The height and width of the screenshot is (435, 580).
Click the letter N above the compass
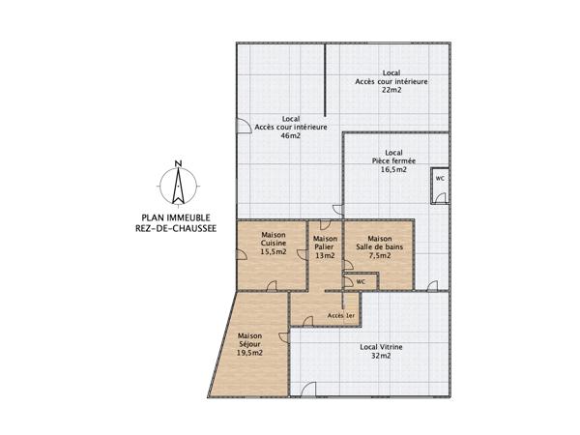(x=177, y=162)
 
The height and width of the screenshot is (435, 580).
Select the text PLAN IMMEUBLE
(x=177, y=217)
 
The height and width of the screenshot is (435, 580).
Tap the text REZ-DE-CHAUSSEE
(x=177, y=229)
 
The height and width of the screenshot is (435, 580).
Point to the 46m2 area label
(x=291, y=136)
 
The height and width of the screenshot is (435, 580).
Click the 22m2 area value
(x=391, y=91)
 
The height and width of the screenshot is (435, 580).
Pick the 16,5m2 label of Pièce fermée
(x=393, y=169)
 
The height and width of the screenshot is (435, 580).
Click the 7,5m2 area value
(x=380, y=256)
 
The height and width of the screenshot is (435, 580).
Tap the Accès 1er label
(x=341, y=316)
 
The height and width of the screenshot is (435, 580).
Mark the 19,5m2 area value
(x=250, y=353)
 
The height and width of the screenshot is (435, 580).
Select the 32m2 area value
(x=382, y=357)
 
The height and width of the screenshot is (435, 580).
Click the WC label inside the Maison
(x=361, y=281)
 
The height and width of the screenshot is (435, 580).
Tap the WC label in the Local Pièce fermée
(x=440, y=179)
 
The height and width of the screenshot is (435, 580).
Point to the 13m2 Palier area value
(x=326, y=256)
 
